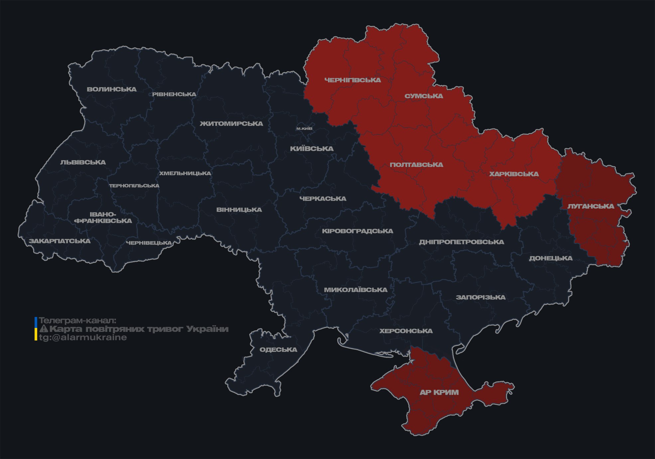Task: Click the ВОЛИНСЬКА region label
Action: [112, 89]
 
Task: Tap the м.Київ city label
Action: [304, 128]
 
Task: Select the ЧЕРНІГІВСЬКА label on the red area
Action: [353, 80]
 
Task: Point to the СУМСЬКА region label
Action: [424, 96]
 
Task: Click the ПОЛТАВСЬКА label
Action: [416, 165]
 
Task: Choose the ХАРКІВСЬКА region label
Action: [514, 174]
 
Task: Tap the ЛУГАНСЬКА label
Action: [591, 206]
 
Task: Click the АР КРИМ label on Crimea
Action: [439, 392]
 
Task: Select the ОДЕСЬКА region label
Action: [278, 349]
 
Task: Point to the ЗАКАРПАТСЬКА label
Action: [59, 241]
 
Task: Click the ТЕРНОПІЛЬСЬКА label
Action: [134, 186]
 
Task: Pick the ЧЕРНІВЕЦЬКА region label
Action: [149, 243]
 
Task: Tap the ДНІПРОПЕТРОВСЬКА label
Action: [461, 242]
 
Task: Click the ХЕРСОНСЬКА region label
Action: [406, 331]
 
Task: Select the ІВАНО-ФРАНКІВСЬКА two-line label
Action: [103, 217]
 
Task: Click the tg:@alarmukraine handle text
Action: [83, 338]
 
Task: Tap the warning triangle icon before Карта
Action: [44, 329]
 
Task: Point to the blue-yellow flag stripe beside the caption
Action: [36, 329]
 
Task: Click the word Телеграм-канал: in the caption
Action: [77, 321]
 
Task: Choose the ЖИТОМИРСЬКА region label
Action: [231, 124]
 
